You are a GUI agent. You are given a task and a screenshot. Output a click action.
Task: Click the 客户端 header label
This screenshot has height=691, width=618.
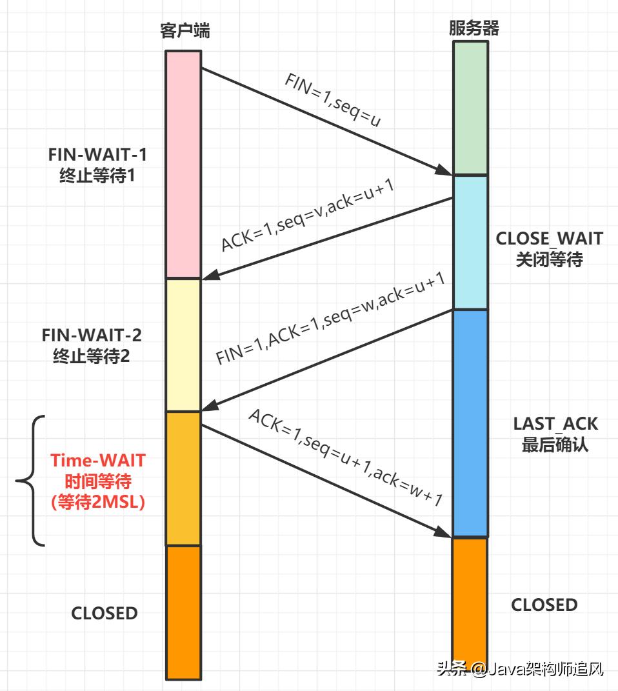185,30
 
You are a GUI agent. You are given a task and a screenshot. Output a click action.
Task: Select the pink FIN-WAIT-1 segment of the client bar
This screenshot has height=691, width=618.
183,165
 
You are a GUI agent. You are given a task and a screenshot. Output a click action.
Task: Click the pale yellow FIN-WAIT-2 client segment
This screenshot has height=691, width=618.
183,345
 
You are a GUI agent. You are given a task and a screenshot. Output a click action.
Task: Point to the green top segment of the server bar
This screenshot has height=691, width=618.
470,108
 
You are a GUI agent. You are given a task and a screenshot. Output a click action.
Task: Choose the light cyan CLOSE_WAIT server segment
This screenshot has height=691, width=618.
470,242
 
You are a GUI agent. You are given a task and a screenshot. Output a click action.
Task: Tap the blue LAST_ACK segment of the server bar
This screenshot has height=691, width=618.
470,423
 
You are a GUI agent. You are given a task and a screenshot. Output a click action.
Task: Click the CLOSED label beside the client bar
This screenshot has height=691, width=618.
105,613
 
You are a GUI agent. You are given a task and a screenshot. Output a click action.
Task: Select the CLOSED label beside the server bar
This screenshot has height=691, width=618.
544,605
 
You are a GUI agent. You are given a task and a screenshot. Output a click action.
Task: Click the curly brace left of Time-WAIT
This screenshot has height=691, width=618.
29,481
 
